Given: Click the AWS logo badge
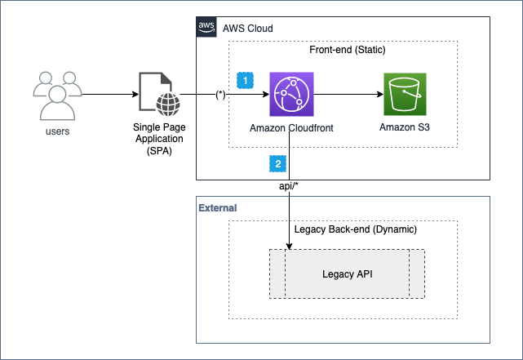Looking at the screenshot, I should click(x=206, y=28).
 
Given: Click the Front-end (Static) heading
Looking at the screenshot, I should click(x=345, y=51).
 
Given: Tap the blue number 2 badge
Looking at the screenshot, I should click(x=278, y=163).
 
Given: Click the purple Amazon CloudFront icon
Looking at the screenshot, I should click(x=293, y=95).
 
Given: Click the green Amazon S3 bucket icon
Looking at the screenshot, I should click(x=407, y=95).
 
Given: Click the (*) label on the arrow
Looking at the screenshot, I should click(x=220, y=95).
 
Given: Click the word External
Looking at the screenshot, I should click(x=218, y=208).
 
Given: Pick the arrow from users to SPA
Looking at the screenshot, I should click(x=110, y=95).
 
